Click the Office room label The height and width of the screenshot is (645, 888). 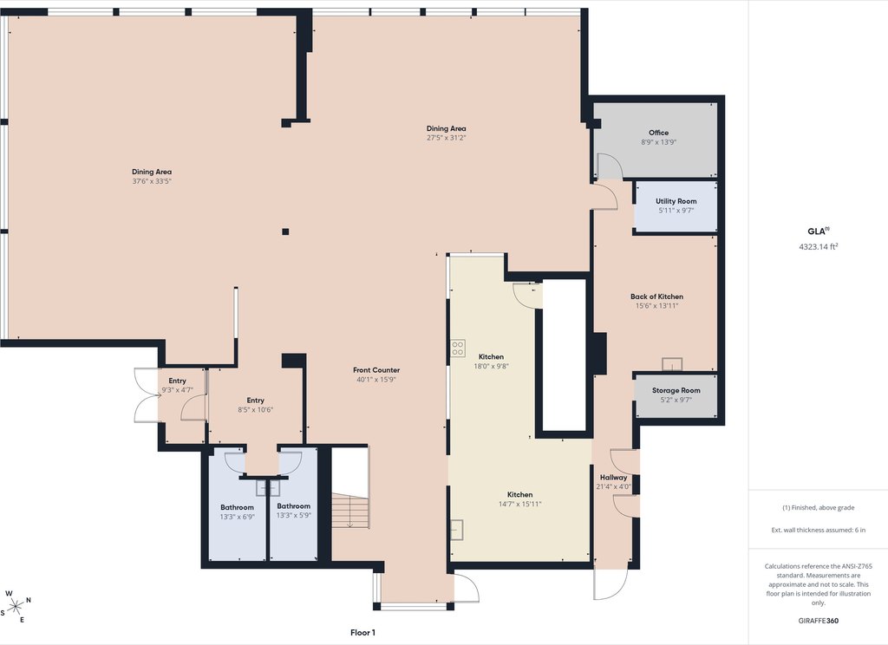point(659,133)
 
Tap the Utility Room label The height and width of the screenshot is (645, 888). point(676,201)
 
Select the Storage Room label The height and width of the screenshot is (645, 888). point(676,390)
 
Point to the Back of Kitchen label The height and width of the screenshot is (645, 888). point(657,296)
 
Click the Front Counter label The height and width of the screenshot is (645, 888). point(376,370)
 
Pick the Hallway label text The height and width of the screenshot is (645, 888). point(613,478)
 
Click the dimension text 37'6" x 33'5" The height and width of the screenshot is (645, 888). point(152,181)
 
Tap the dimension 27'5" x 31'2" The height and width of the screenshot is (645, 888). point(447,138)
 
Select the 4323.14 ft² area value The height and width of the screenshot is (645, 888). point(819,246)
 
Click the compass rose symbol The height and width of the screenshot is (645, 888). point(16,607)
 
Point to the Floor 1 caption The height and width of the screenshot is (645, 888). point(362,633)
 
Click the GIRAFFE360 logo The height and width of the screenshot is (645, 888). point(819,621)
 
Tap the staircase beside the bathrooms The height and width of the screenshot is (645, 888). point(350,511)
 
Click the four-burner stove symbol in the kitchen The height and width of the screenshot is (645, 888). point(458,349)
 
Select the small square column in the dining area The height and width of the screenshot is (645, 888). point(285,231)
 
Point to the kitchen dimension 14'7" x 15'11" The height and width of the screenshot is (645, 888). point(520,504)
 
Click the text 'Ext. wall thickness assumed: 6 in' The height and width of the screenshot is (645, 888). point(819,530)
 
